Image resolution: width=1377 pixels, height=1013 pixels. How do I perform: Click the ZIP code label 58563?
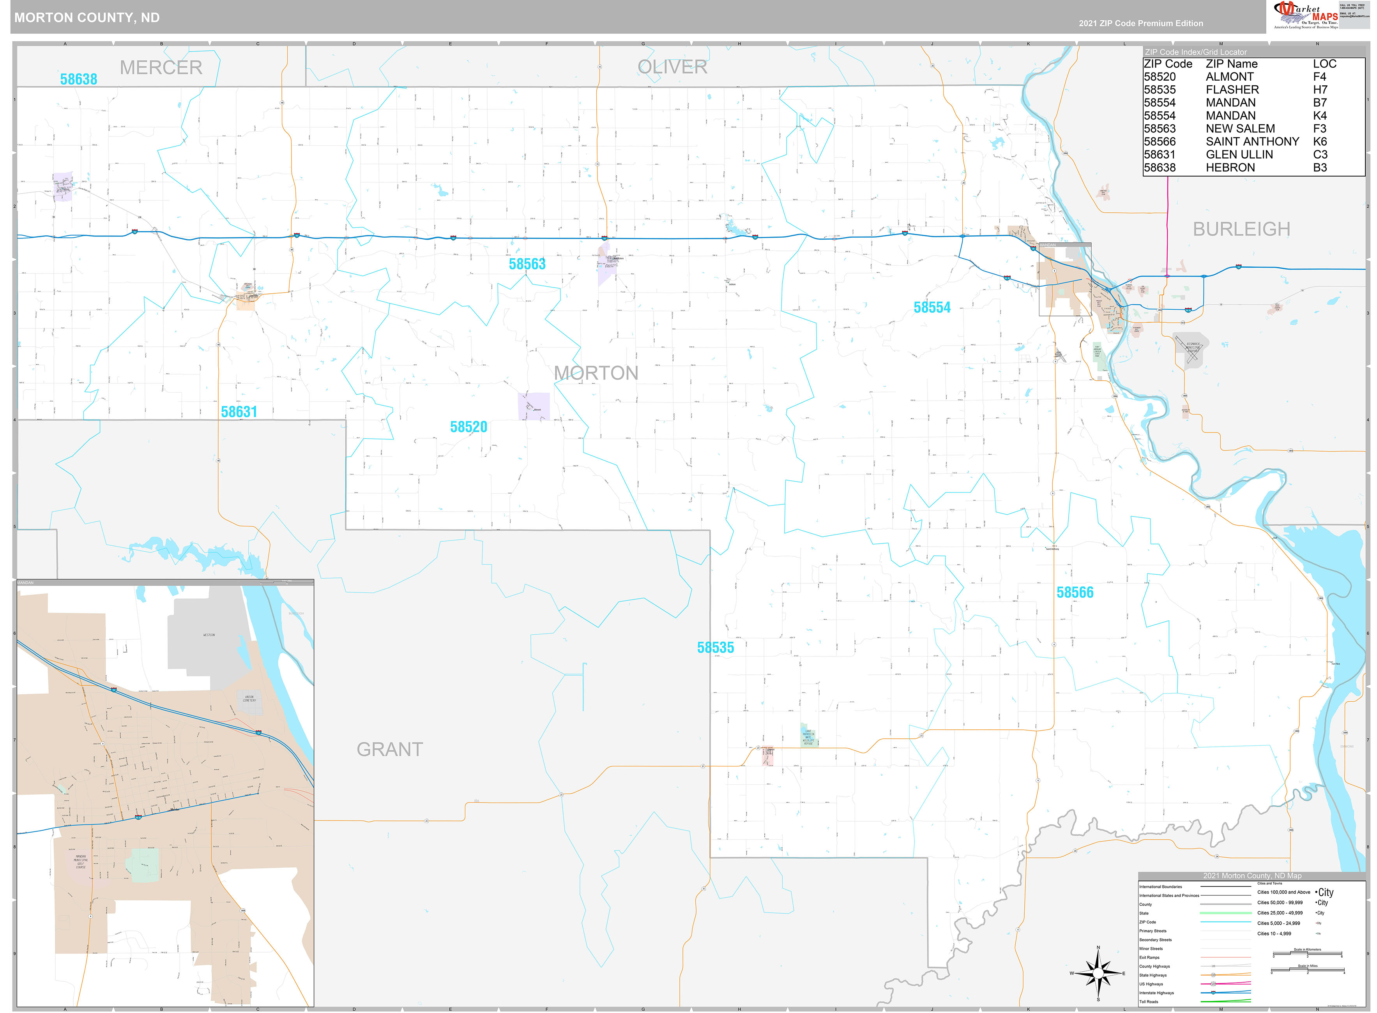pos(527,264)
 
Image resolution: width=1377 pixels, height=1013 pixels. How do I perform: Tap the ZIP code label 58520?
pos(468,427)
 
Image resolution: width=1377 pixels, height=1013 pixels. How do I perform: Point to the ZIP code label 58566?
pos(1075,592)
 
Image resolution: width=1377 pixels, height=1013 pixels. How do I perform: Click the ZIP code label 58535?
pos(715,648)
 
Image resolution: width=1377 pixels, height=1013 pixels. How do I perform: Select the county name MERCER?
pos(161,67)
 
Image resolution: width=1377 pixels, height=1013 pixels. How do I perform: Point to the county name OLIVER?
pos(672,67)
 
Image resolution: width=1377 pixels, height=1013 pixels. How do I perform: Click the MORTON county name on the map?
pos(596,373)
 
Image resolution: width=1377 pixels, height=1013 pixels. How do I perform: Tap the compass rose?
pos(1098,973)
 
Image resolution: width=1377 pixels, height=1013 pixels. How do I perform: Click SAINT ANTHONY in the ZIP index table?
pos(1252,142)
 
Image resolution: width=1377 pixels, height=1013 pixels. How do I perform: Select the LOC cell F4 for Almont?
pos(1319,77)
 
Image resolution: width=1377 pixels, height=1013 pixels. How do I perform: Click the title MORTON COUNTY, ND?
pos(87,18)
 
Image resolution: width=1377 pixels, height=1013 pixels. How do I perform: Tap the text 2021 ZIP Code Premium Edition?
pos(1141,23)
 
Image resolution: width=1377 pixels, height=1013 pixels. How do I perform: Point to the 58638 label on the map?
pos(78,79)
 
